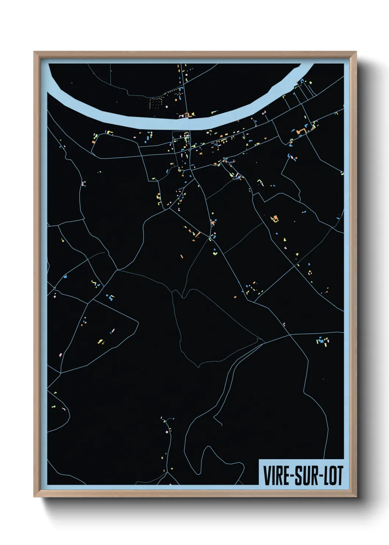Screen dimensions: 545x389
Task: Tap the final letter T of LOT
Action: coord(339,476)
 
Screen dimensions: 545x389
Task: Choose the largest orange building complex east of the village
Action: coord(302,131)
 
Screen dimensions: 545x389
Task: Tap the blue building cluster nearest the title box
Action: coord(323,340)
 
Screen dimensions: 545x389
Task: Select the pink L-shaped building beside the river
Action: coord(181,116)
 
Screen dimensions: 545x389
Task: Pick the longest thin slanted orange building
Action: coord(197,234)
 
